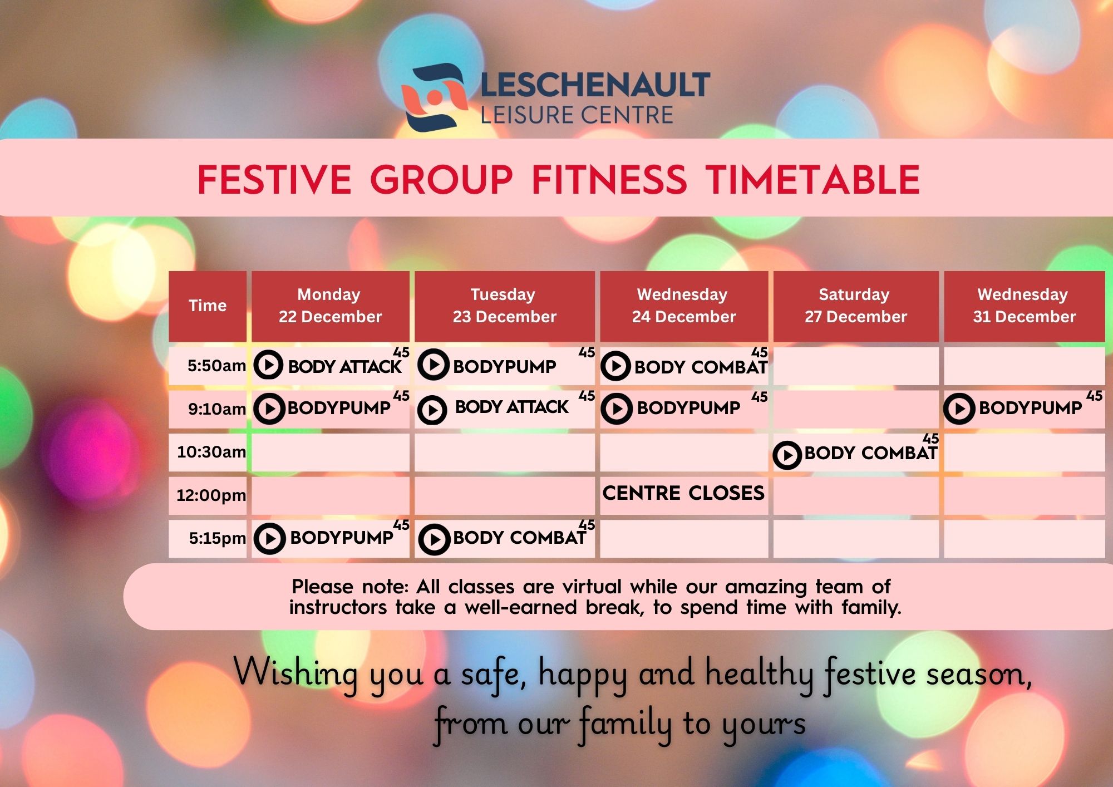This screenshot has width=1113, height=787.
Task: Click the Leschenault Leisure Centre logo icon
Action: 433,97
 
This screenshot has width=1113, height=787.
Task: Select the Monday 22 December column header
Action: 330,306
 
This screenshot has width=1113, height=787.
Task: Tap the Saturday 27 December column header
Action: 855,306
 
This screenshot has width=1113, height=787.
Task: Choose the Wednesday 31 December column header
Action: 1024,306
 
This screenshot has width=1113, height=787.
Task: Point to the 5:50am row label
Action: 216,366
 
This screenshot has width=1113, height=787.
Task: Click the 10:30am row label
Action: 211,451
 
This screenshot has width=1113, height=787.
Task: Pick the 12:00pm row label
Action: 211,495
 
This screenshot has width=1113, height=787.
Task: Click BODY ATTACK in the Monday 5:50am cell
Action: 344,367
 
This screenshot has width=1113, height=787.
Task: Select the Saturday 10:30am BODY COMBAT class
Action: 870,453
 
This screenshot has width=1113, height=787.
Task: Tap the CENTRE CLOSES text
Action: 683,493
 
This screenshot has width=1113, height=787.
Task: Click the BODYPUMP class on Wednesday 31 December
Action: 1030,408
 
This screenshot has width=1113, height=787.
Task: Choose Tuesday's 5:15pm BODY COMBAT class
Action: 519,538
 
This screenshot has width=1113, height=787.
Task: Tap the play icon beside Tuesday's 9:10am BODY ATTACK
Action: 432,410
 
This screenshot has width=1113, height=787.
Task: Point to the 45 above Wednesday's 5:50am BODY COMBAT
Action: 760,352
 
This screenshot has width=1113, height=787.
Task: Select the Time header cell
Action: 208,306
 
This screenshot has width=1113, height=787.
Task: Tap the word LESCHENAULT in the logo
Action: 594,85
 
